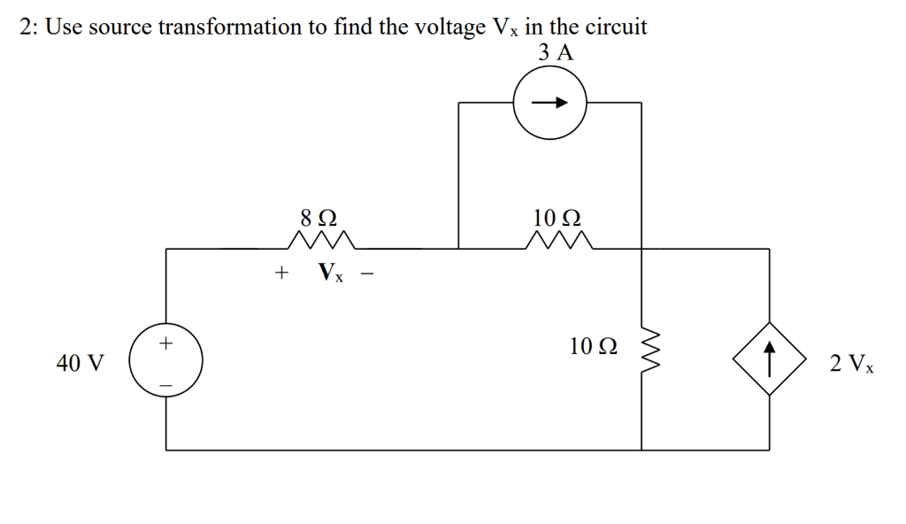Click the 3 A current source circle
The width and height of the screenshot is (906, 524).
pos(549,103)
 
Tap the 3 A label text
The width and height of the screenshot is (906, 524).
pos(556,52)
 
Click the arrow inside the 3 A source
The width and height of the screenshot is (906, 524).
pos(549,103)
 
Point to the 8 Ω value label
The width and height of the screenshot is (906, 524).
pos(319,217)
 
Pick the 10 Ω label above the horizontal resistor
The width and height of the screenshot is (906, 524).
pos(557,217)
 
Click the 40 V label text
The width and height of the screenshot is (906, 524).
pos(80,363)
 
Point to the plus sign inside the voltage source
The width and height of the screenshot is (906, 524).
pos(165,342)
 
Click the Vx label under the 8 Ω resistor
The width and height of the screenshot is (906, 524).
pos(331,274)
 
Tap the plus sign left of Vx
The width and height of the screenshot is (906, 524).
pos(281,274)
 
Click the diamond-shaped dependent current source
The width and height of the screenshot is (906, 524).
pos(769,360)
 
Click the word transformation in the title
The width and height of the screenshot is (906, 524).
pos(242,27)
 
